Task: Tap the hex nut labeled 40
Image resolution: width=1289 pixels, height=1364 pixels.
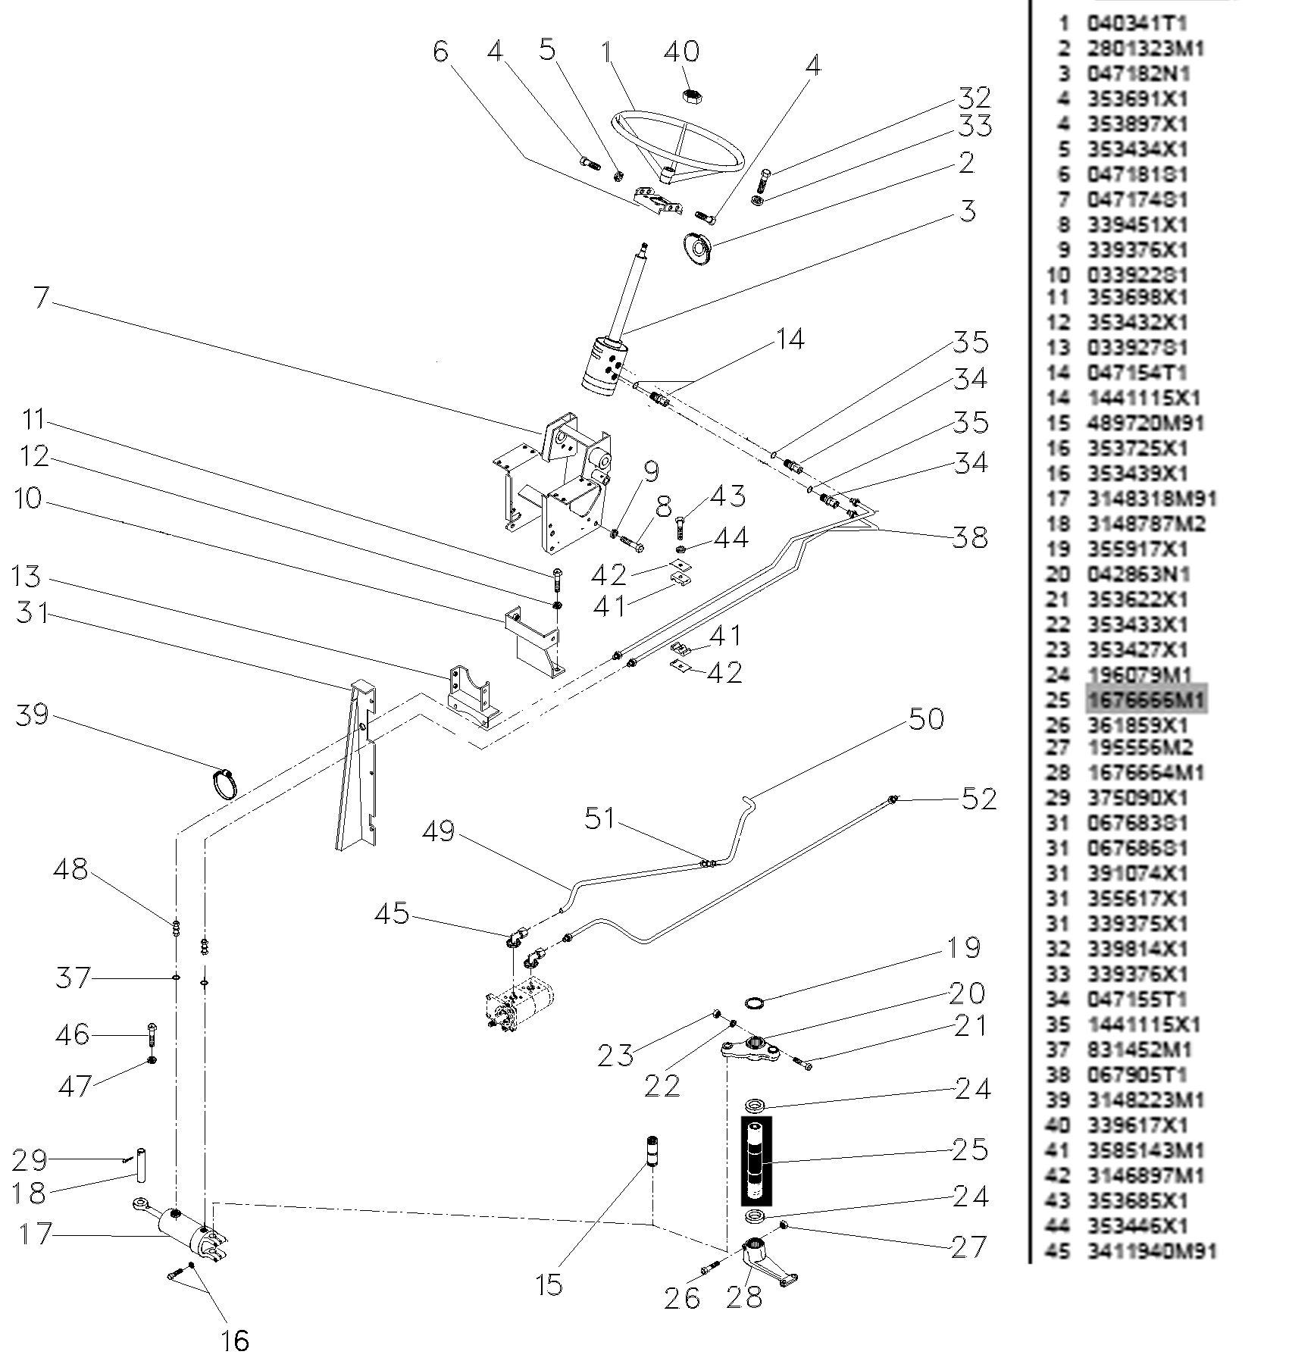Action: point(690,96)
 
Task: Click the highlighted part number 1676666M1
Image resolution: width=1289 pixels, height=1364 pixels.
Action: point(1145,699)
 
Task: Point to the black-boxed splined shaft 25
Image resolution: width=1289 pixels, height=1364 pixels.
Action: point(756,1160)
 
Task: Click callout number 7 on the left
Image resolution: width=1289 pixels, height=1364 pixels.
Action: point(42,297)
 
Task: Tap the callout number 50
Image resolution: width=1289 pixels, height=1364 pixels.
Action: point(926,719)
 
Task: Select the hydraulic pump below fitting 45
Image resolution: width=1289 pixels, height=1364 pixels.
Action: point(521,1008)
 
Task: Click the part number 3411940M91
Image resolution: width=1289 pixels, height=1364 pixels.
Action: point(1151,1251)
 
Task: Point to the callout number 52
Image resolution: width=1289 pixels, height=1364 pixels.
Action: point(978,798)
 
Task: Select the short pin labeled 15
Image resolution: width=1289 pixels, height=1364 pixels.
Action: point(651,1163)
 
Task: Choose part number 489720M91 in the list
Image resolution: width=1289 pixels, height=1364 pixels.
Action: point(1145,423)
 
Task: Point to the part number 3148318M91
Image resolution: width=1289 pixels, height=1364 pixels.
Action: point(1151,499)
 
